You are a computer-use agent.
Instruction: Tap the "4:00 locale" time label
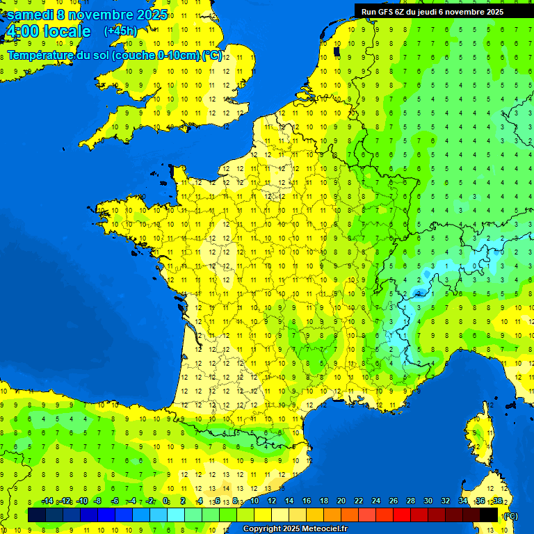tap(47, 31)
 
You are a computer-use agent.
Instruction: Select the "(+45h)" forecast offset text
tap(120, 31)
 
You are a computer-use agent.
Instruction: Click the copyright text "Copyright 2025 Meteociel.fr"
tap(295, 528)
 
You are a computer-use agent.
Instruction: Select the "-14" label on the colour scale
tap(47, 501)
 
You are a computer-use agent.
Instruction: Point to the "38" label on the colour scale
tap(498, 501)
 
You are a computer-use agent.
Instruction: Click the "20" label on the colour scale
tap(341, 501)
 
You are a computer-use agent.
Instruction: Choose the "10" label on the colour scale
tap(254, 501)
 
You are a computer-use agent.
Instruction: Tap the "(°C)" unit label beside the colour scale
tap(511, 515)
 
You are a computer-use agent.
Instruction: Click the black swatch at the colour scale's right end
tap(489, 515)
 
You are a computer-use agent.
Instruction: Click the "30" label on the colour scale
tap(428, 501)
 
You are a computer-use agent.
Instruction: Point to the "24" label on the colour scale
tap(375, 501)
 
